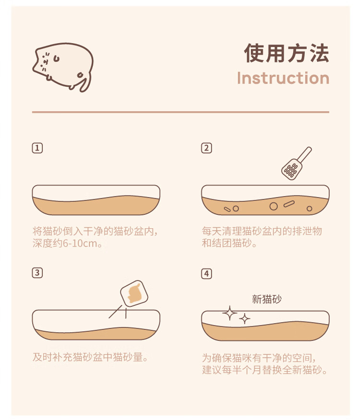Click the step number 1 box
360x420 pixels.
37,148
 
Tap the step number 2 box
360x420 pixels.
206,148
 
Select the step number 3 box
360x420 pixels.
37,273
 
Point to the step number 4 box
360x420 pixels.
206,274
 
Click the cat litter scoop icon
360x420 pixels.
296,163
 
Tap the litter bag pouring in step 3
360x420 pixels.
134,293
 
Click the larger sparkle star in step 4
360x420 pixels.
229,313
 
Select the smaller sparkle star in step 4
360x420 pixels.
244,319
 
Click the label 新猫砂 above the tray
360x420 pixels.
267,299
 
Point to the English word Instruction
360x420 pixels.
283,78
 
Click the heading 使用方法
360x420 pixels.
287,53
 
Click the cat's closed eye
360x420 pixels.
56,58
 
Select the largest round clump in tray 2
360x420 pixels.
273,206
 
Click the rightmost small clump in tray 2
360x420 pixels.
309,209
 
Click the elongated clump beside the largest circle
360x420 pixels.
289,204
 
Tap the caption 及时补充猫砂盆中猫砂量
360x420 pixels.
90,357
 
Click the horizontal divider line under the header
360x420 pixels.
180,112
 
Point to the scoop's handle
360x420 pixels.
305,154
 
